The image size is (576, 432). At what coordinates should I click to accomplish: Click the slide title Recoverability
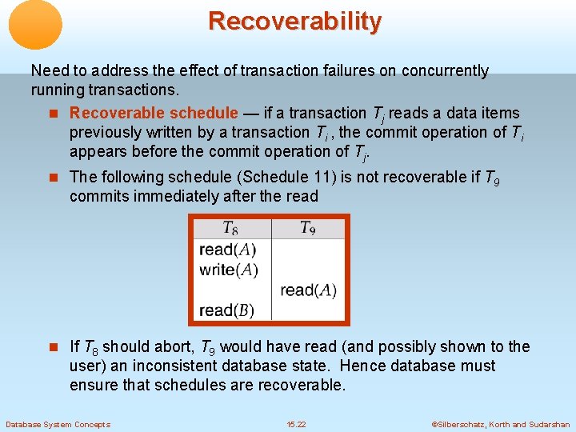click(x=294, y=21)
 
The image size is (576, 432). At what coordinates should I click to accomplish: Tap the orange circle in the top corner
click(x=35, y=24)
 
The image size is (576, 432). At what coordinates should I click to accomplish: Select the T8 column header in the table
click(x=230, y=229)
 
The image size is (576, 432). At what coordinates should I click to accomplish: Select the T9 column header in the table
click(x=308, y=229)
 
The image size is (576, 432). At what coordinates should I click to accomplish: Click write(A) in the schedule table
click(x=229, y=270)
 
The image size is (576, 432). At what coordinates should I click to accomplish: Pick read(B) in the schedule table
click(x=228, y=310)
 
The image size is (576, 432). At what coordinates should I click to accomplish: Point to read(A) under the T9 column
click(x=308, y=290)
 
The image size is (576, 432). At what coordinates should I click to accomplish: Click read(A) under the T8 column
click(x=228, y=250)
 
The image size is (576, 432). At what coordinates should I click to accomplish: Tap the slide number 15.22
click(x=296, y=425)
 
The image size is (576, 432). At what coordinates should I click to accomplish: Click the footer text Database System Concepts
click(x=58, y=425)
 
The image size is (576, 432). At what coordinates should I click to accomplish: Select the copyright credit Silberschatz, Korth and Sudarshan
click(x=501, y=425)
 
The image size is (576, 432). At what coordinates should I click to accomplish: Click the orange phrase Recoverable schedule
click(x=154, y=114)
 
